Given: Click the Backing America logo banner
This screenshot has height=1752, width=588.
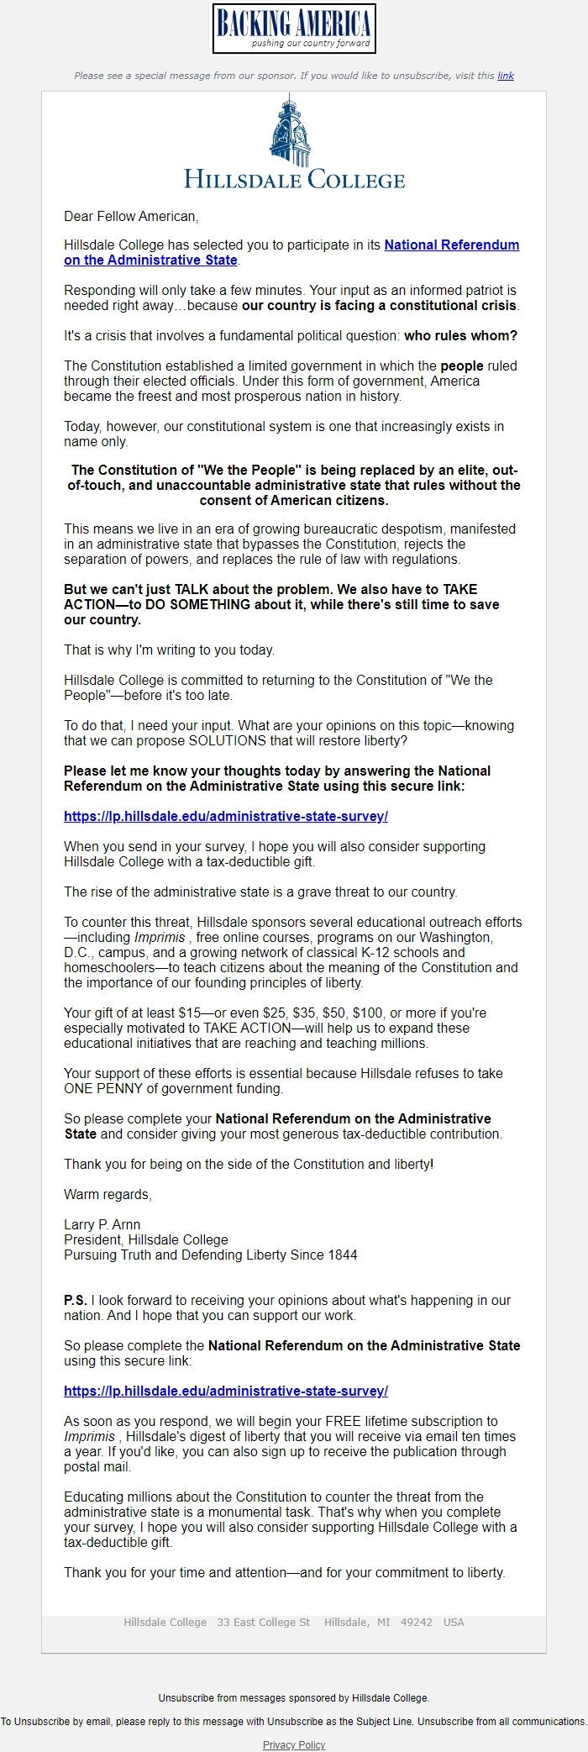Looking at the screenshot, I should tap(294, 29).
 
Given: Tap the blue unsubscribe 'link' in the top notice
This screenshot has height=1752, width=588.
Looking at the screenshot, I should tap(506, 76).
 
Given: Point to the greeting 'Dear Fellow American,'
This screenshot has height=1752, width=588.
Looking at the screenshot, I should tap(131, 217).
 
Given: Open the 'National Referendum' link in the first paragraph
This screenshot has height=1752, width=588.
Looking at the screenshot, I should tap(451, 245).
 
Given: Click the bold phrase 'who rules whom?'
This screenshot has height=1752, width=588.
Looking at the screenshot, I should tap(460, 336).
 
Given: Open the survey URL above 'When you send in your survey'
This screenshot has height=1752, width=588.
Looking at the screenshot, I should tap(226, 817).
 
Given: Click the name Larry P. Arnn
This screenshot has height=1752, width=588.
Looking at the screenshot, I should tap(102, 1225).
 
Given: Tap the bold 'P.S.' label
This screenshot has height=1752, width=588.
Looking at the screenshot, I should tap(76, 1301).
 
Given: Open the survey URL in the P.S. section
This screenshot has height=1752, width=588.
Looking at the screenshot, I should tap(226, 1392).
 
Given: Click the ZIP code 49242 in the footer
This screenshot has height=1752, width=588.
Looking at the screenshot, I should tap(417, 1623).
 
